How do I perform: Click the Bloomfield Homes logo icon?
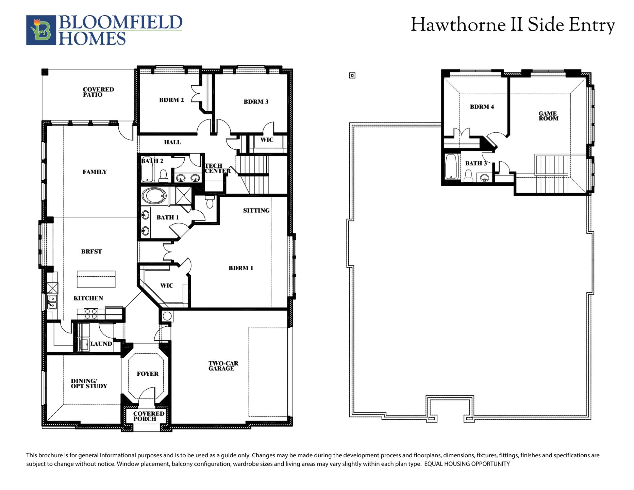(x=41, y=30)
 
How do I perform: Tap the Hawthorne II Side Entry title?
(x=513, y=25)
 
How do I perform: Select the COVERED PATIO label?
(x=98, y=92)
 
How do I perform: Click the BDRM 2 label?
(x=171, y=100)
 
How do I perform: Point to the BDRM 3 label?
(x=256, y=101)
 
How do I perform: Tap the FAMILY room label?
(x=95, y=172)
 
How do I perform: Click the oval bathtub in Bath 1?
(x=154, y=196)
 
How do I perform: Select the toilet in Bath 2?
(x=163, y=176)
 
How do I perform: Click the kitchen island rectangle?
(x=96, y=279)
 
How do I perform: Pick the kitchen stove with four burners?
(x=91, y=314)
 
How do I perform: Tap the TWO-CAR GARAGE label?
(x=223, y=366)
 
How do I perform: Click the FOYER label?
(x=148, y=374)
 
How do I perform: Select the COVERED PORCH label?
(x=149, y=416)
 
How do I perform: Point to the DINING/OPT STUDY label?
(x=89, y=383)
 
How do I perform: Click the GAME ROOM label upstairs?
(x=548, y=116)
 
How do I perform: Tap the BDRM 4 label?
(x=482, y=107)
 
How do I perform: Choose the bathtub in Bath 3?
(x=451, y=167)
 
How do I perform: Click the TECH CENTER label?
(x=218, y=168)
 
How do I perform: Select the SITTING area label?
(x=256, y=210)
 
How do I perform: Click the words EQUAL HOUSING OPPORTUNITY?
(x=467, y=464)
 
